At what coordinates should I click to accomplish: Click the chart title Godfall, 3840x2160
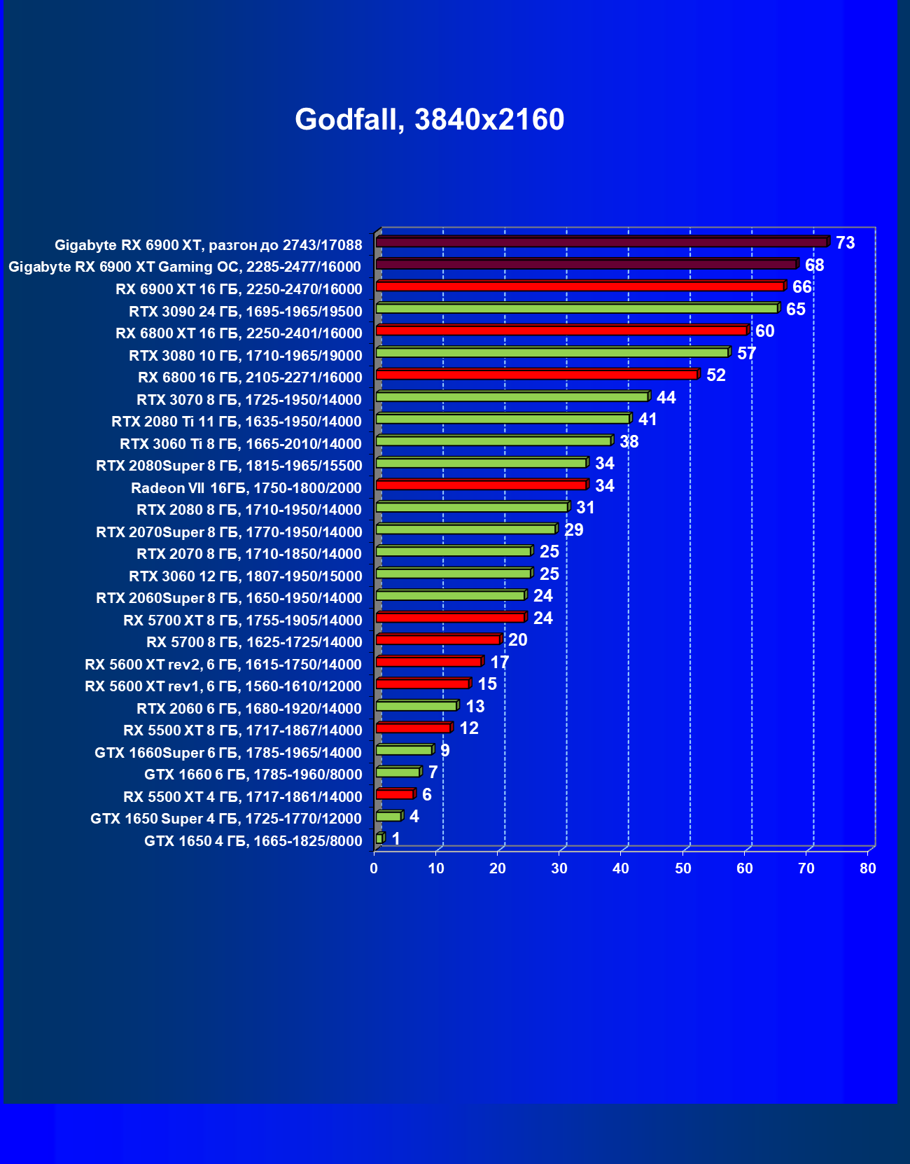429,120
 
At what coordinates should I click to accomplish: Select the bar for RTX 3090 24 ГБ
577,308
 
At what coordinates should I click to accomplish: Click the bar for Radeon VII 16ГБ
481,485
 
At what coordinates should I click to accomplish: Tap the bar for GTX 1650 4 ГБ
379,838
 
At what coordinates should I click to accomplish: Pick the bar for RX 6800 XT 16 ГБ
561,330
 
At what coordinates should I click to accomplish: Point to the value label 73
845,243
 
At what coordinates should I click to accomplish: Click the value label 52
715,375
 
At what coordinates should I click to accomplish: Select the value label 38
629,442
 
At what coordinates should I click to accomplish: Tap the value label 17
499,662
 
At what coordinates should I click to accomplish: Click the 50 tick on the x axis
682,868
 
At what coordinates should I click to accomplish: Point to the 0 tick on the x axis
374,868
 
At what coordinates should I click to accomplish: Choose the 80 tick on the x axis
867,868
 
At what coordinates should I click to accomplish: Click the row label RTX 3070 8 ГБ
249,400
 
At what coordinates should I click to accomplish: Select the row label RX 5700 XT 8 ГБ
242,621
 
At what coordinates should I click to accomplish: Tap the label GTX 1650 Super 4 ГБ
225,819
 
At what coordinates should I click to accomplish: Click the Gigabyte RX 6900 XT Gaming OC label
185,267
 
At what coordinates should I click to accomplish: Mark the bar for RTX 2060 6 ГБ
416,705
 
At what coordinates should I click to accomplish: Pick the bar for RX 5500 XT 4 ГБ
395,794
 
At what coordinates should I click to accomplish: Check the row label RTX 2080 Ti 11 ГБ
237,422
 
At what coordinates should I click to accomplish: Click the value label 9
444,751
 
